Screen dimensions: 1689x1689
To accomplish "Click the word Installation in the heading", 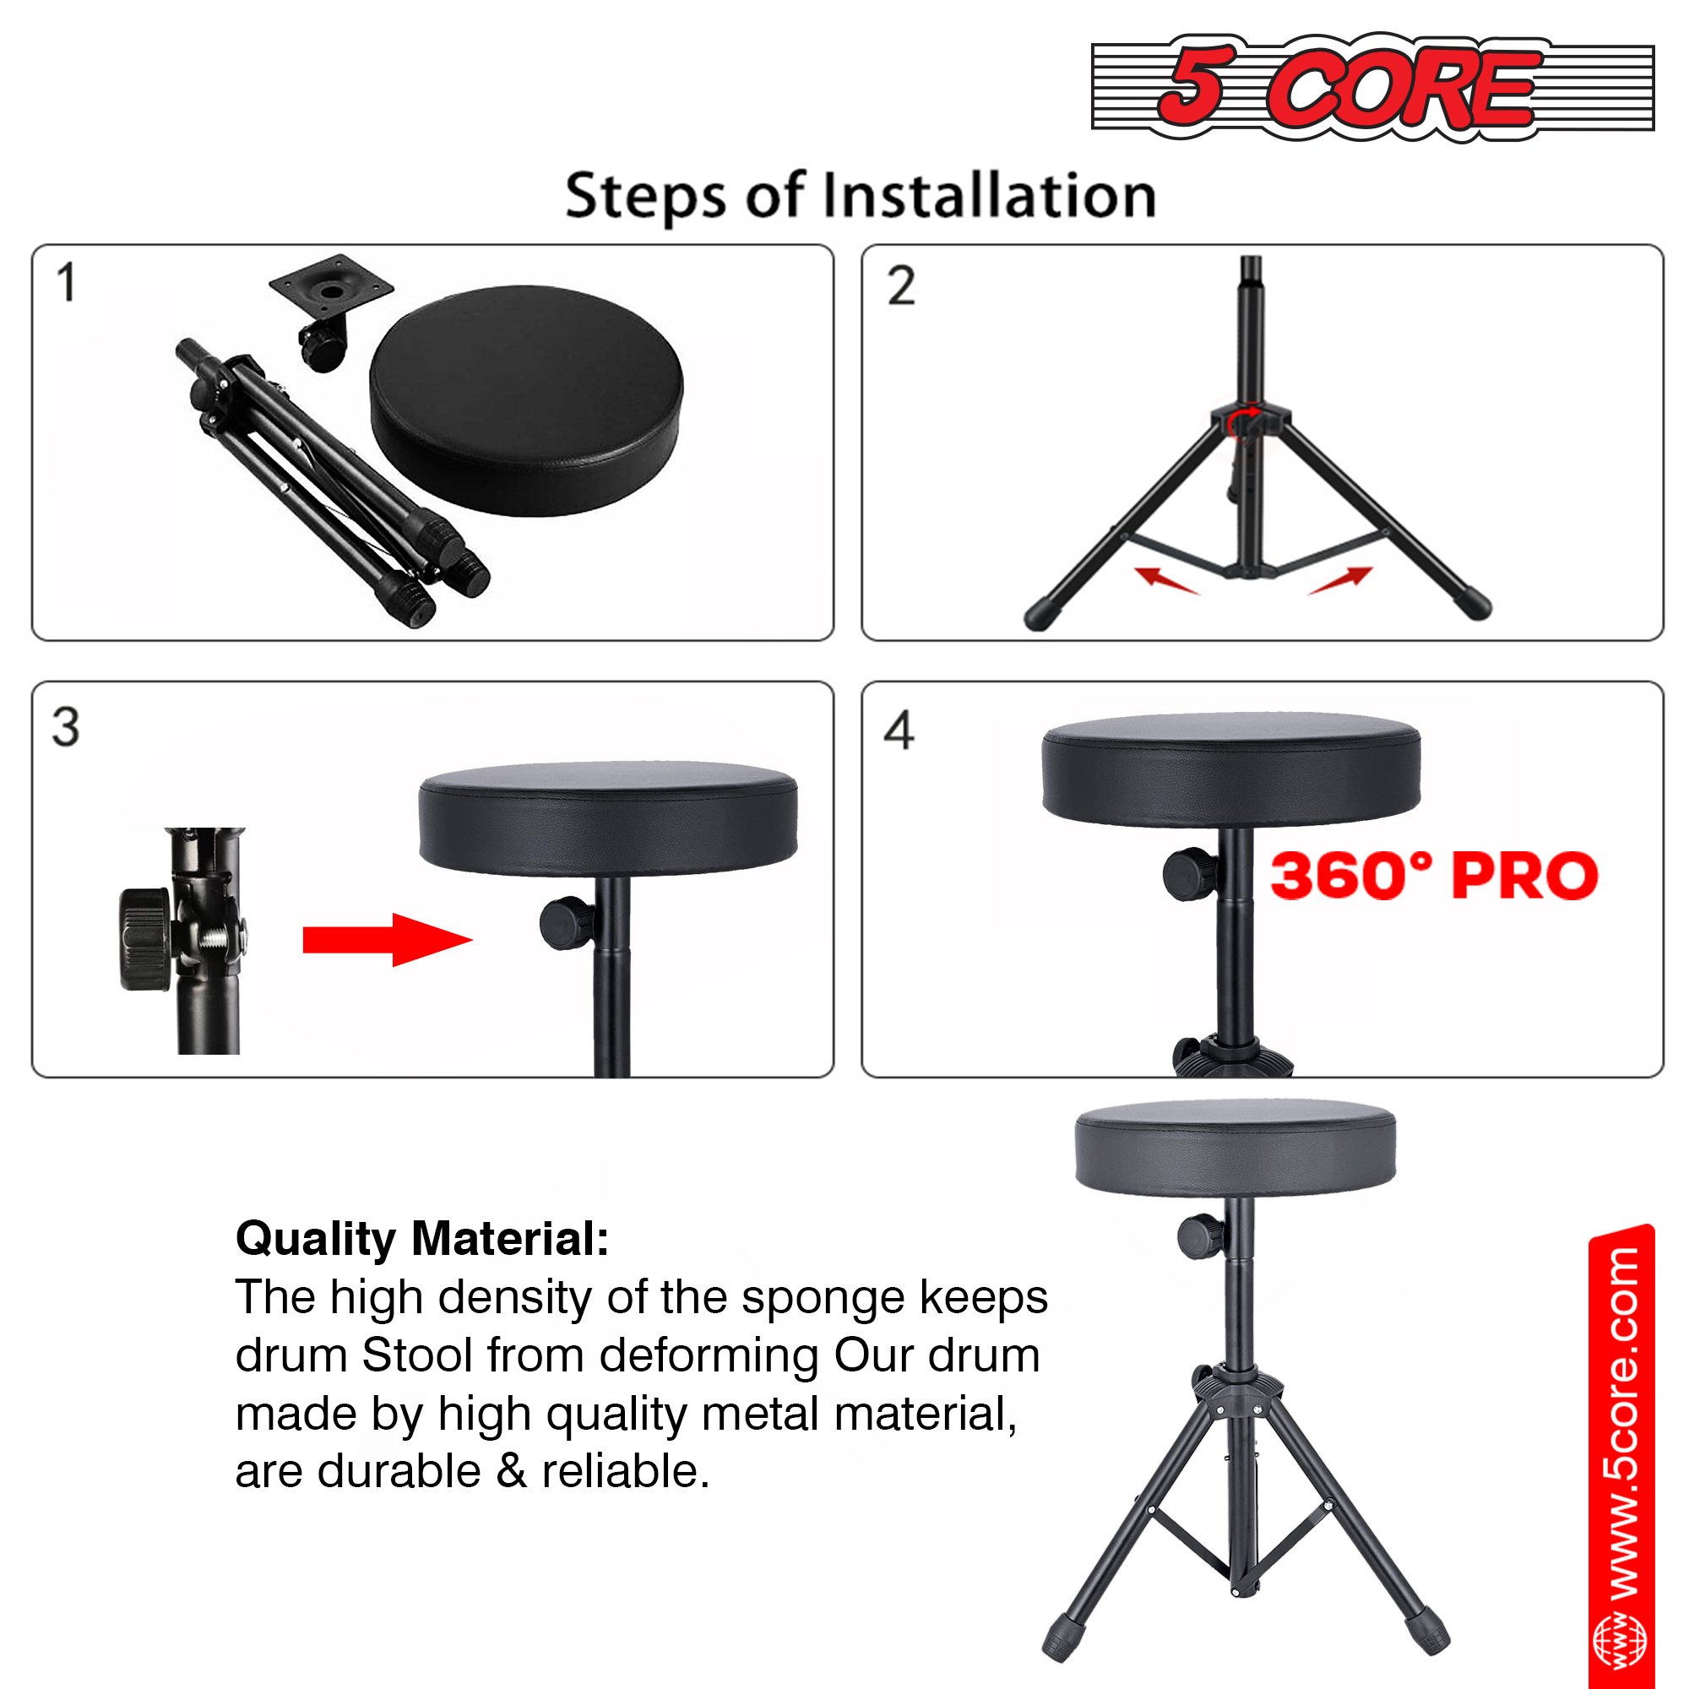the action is click(x=991, y=195).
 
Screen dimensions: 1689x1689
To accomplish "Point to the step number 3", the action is click(x=66, y=726).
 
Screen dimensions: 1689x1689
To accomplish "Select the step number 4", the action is click(x=899, y=730).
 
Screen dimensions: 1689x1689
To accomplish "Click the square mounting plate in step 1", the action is click(x=330, y=287).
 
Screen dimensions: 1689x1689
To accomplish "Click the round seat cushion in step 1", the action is click(x=526, y=401).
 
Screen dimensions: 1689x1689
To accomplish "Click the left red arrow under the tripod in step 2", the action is click(x=1166, y=578).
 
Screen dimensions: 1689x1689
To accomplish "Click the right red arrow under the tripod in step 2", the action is click(x=1339, y=578).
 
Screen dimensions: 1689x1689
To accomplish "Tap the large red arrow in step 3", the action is click(x=388, y=940).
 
